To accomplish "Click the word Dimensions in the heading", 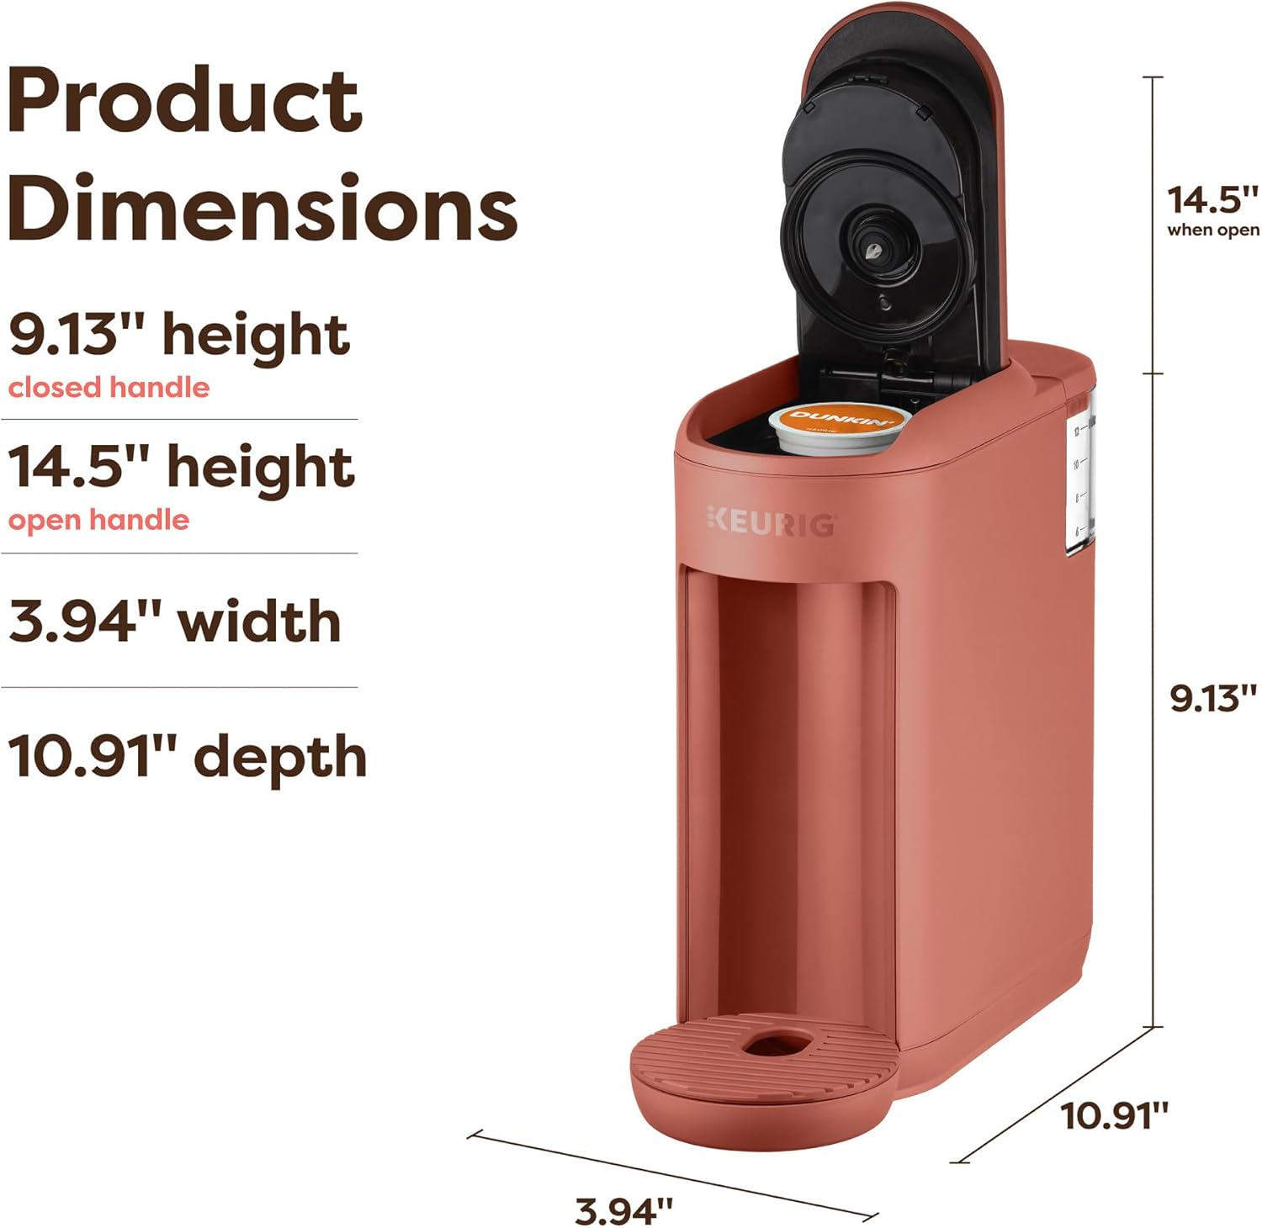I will [262, 206].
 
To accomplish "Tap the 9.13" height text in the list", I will [178, 335].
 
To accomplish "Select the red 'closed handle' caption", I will [109, 388].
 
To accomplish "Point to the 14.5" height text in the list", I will [181, 468].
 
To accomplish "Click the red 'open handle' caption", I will [98, 521].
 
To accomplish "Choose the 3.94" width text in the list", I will [175, 622].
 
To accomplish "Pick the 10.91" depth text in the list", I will [188, 756].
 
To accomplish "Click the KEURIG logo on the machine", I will [771, 522].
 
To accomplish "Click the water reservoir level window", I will [1080, 479].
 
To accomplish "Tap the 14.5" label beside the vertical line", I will [1212, 200].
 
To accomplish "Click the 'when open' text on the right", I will [1212, 230].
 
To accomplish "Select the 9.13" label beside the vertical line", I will [1212, 698].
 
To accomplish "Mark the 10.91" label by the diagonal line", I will [1114, 1116].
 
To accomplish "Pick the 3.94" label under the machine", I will [623, 1211].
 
